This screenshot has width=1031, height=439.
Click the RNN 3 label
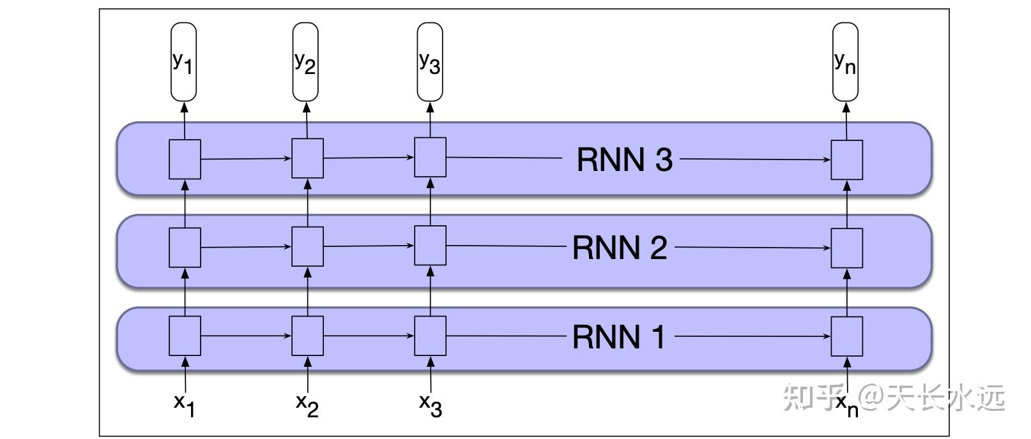624,159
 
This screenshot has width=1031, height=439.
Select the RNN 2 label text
620,248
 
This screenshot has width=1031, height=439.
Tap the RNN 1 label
618,336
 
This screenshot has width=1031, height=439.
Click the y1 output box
183,62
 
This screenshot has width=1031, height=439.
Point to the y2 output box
305,62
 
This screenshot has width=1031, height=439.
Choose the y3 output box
430,62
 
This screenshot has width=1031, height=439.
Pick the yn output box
845,62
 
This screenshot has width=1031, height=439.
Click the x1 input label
184,405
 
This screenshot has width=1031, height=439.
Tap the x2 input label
307,405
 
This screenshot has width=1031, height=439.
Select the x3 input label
430,405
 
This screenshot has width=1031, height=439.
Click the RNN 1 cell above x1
185,336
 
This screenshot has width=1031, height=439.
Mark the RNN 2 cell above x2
307,247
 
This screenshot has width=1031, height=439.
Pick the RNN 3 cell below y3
430,157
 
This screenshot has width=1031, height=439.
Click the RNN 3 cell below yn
846,160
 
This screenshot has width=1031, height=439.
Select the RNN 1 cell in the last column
846,336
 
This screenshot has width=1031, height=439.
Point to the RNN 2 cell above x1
185,248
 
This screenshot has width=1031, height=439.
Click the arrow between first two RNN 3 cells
246,159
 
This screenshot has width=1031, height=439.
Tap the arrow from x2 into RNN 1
308,375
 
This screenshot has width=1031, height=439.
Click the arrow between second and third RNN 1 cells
369,336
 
